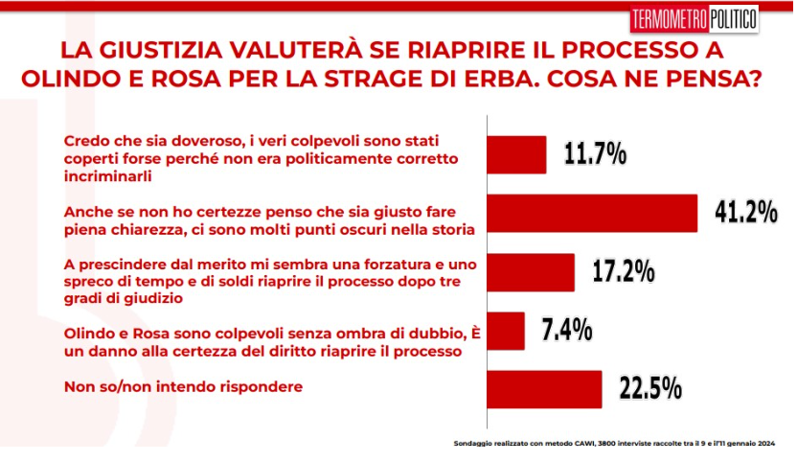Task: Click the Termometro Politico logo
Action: point(695,18)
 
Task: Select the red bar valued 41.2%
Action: point(593,213)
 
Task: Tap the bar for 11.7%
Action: point(517,154)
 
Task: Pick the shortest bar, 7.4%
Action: point(507,331)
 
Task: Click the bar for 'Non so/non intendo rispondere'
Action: point(545,389)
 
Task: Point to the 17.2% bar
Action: point(532,272)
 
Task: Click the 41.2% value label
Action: point(745,213)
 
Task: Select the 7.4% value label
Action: point(567,331)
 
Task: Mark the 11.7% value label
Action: point(594,154)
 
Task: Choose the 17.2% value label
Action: point(623,272)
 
